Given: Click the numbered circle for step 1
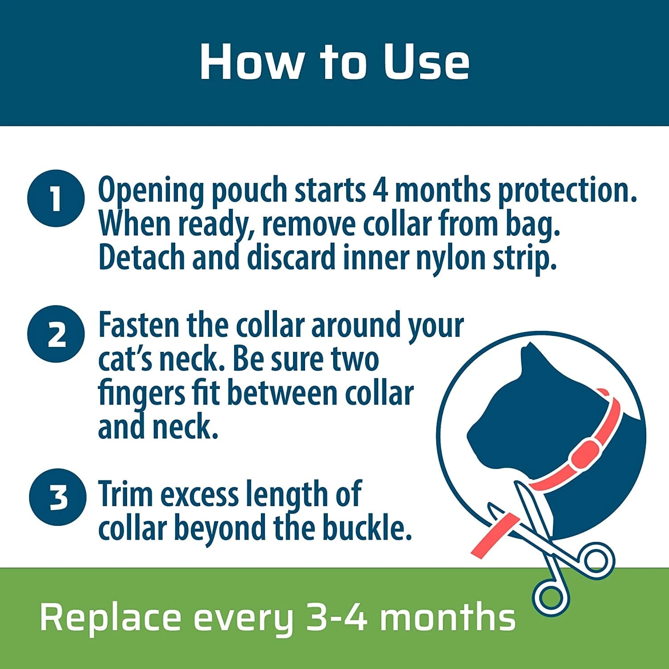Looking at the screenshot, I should pyautogui.click(x=56, y=198).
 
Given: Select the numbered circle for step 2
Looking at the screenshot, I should pyautogui.click(x=56, y=334).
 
